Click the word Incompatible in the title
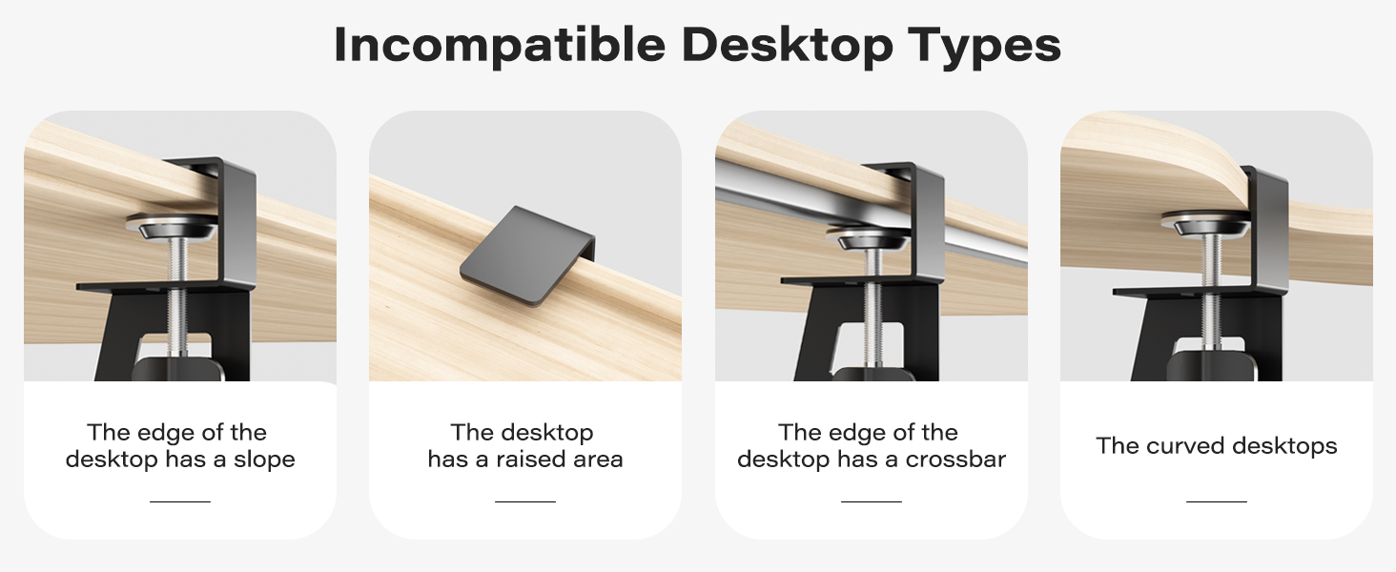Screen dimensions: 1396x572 click(x=500, y=45)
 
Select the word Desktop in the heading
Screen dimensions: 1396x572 click(x=788, y=45)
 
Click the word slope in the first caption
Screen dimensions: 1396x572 click(x=264, y=460)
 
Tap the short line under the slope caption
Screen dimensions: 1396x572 click(x=180, y=500)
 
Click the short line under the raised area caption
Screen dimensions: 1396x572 click(x=525, y=500)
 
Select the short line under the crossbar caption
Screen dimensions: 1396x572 click(x=872, y=500)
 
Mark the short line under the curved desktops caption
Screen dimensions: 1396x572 click(x=1217, y=500)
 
